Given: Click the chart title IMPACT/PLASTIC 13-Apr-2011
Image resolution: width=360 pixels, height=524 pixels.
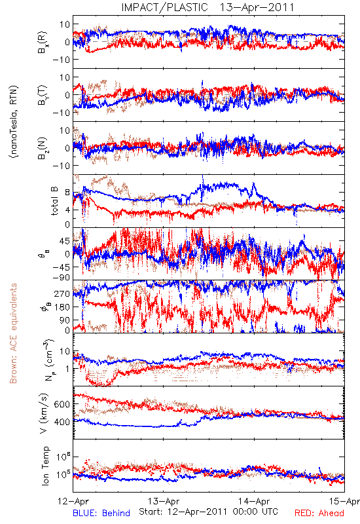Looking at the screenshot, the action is coord(207,7).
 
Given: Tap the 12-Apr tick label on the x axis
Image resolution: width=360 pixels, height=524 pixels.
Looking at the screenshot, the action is coord(73,501).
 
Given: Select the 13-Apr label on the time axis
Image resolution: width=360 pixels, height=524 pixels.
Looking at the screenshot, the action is coord(164,501).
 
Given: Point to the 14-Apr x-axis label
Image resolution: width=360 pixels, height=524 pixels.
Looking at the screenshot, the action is coord(254,501).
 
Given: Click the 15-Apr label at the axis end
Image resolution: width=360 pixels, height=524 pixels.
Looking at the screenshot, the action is coord(344,501).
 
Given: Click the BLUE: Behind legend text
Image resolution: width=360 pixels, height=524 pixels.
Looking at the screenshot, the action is coord(101,513).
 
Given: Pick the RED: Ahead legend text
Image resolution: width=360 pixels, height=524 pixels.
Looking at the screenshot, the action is coord(319,513).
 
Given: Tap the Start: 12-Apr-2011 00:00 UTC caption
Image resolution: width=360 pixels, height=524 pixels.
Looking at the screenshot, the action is coord(208,512).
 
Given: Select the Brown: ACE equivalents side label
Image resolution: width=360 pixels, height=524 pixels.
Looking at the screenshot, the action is coord(13,333).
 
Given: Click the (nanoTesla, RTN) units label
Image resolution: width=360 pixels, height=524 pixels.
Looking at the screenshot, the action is coord(14,122).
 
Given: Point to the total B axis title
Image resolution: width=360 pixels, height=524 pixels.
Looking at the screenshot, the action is coord(54,201).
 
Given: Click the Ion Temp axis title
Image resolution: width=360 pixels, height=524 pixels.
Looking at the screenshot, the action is coord(45,466).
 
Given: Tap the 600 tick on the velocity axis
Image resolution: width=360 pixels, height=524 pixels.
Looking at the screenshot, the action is coord(62,404).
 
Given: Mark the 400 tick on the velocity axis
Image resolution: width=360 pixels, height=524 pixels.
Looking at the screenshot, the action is coord(62,422).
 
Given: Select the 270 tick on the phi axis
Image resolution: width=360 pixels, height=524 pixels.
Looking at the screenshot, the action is coord(62,293).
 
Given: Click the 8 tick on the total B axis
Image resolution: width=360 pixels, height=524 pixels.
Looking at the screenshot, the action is coord(67,193).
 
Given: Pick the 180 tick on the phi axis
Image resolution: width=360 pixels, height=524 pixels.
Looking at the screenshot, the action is coord(62,307).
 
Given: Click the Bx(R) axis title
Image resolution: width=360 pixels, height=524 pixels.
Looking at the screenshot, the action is coord(43,42).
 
